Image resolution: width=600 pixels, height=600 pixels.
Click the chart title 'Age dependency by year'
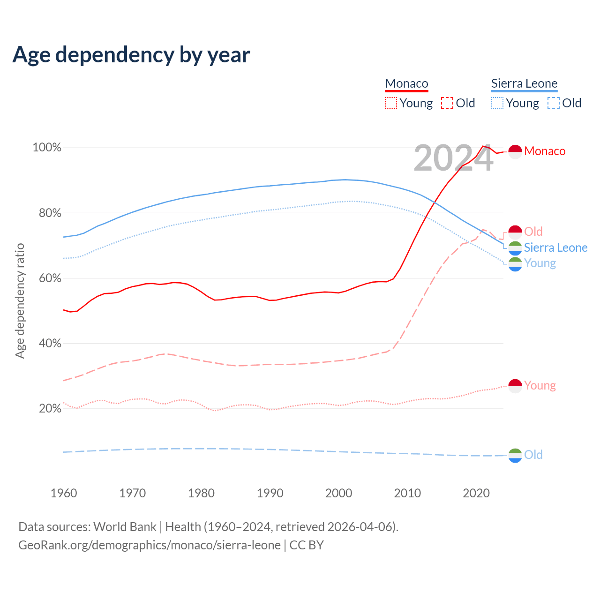coord(131,55)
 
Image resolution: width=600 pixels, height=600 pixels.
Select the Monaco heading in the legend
coord(406,83)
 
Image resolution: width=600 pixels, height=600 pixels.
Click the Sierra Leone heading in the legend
coord(524,83)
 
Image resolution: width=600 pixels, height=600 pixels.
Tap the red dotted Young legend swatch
coord(391,103)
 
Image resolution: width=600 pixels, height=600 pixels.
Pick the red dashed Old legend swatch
coord(447,103)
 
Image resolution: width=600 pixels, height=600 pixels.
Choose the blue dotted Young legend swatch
coord(497,103)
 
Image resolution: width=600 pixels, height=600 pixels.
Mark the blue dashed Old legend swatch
coord(554,103)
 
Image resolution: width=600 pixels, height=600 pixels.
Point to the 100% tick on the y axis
coord(47,148)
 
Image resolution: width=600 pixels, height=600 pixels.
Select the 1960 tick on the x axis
coord(64,493)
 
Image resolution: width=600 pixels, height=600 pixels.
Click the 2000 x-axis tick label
coord(338,493)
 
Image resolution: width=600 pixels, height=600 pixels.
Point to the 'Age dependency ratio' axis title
coord(20,300)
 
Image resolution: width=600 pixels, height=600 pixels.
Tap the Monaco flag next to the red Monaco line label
coord(515,151)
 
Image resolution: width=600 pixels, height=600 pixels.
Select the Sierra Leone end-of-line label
coord(555,247)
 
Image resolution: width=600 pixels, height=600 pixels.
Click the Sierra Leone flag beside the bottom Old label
coord(515,455)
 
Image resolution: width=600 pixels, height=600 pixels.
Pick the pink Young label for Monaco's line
coord(540,385)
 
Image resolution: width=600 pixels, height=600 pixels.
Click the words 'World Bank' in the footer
coord(125,527)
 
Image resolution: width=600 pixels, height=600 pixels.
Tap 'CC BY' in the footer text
coord(307,545)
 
